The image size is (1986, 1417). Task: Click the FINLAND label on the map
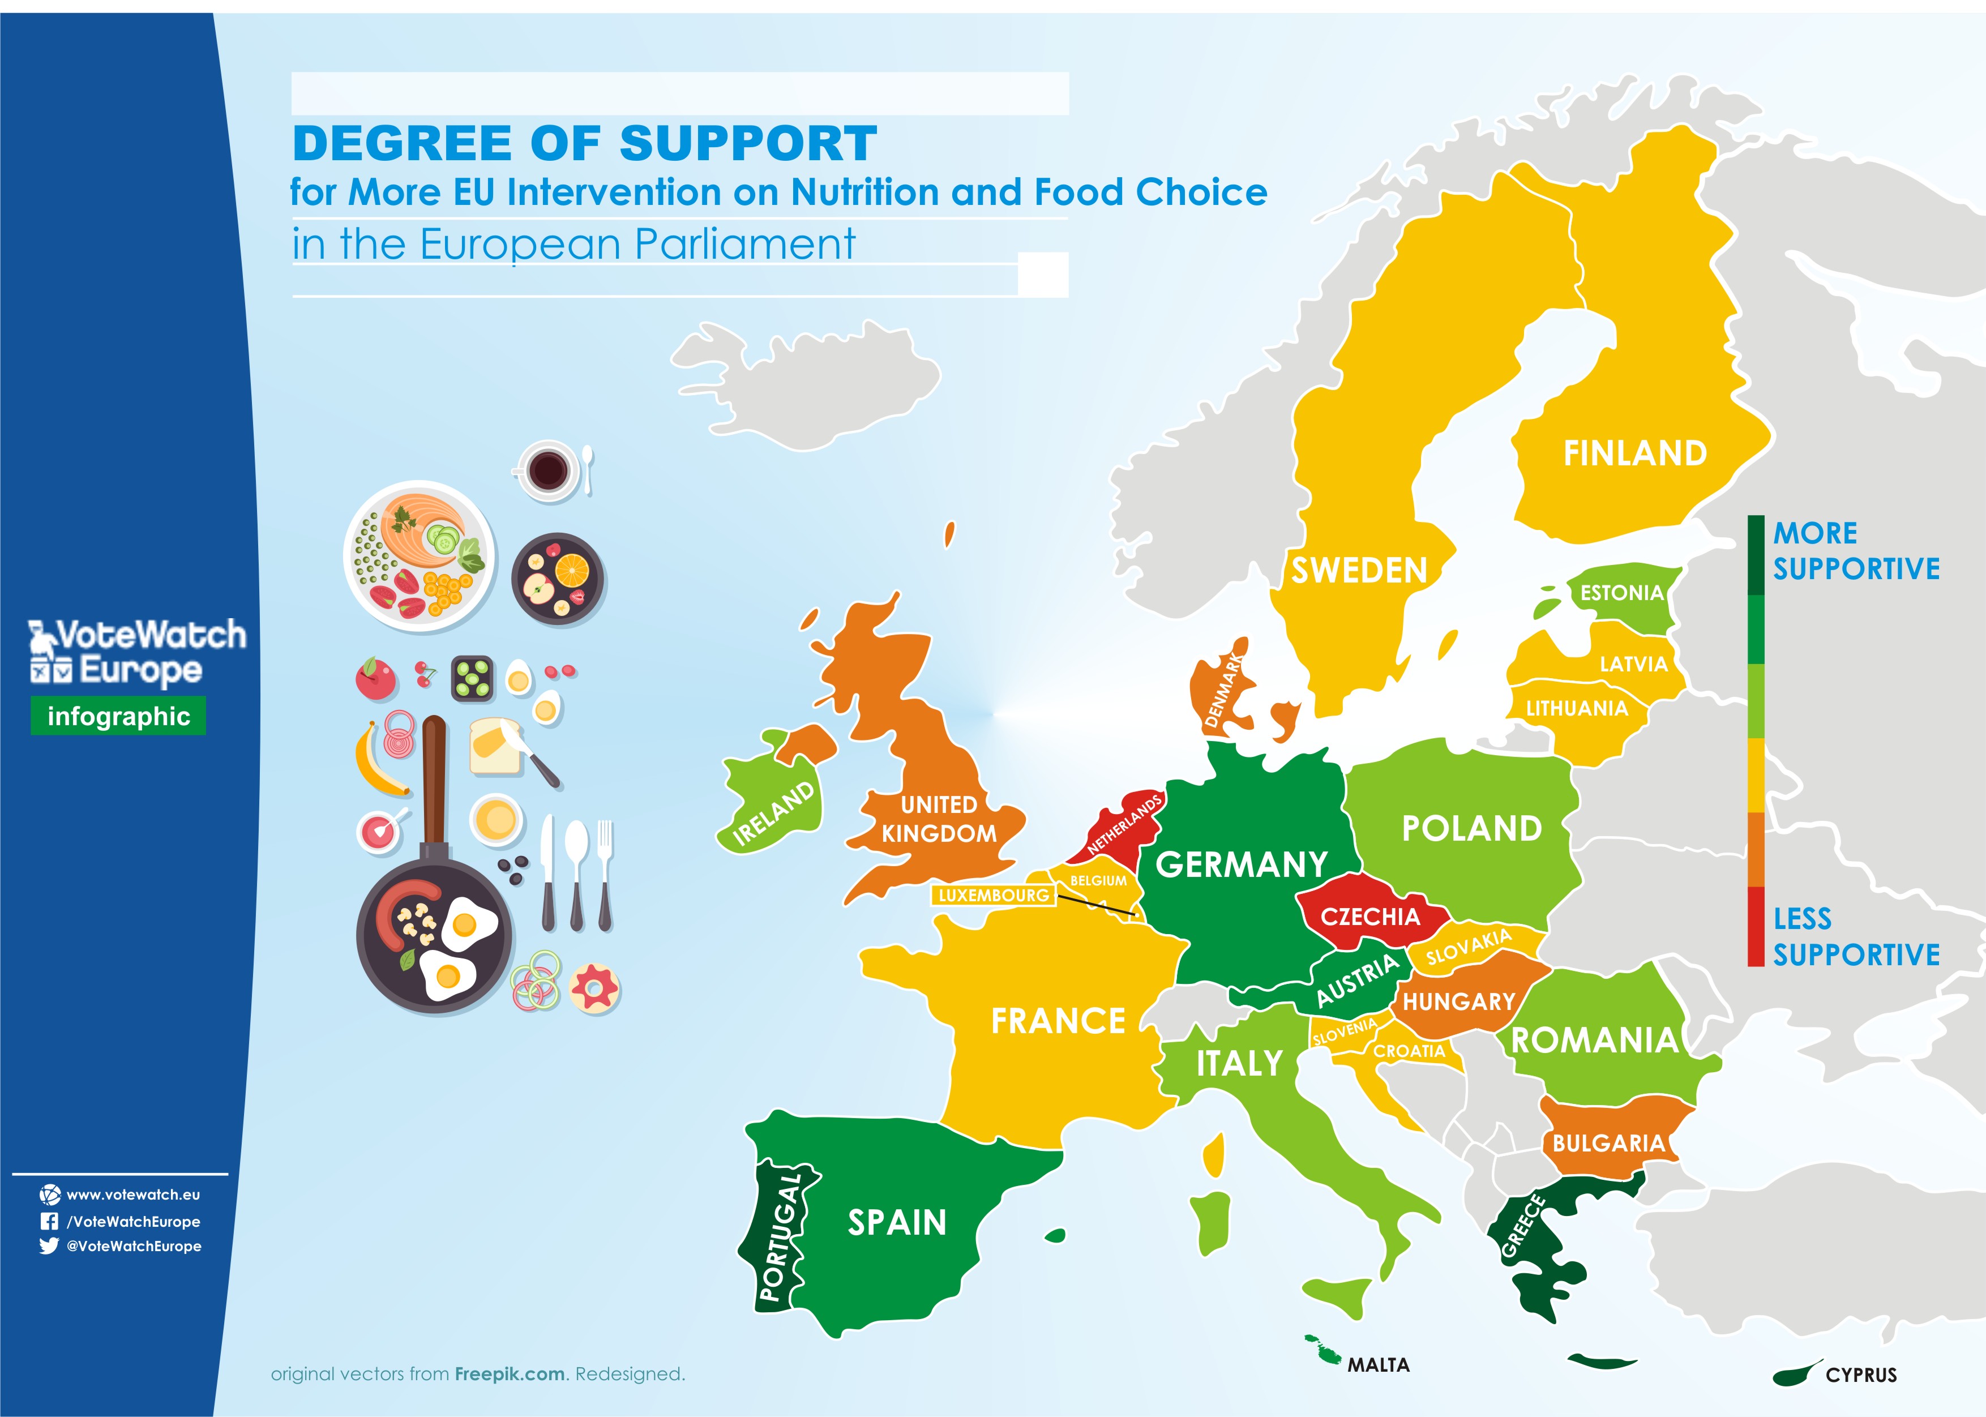coord(1634,453)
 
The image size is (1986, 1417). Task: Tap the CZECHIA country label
coord(1370,916)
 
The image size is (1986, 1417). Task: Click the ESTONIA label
coord(1622,593)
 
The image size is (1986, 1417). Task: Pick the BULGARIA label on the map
coord(1608,1142)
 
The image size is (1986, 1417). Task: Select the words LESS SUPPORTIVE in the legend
coord(1855,936)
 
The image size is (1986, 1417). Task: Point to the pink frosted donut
coord(594,988)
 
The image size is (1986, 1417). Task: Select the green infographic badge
coord(119,716)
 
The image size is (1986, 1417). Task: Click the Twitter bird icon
coord(49,1246)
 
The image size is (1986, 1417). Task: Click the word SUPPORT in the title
coord(748,143)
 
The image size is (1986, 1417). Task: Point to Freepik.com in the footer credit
coord(510,1374)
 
